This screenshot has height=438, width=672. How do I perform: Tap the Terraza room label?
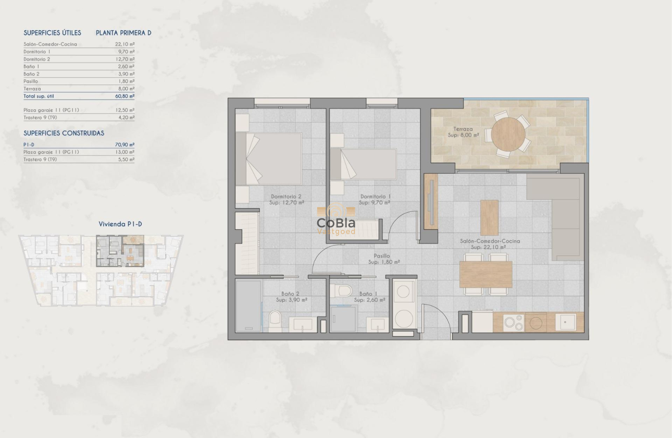point(463,132)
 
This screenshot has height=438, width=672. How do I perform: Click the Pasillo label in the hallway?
point(383,259)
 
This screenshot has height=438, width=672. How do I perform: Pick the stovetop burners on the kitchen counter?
point(514,322)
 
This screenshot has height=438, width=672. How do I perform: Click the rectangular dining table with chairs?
point(486,274)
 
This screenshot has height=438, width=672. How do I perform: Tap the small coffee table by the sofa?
point(489,217)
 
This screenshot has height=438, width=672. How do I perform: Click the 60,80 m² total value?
point(125,96)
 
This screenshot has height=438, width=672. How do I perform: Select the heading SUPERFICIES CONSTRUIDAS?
point(64,133)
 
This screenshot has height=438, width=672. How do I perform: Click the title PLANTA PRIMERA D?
point(123,33)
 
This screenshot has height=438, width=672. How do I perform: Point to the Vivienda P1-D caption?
point(120,224)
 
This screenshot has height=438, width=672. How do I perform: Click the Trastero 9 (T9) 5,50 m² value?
point(125,160)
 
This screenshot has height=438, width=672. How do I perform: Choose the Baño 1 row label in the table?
point(31,67)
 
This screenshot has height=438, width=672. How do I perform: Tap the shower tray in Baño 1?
point(343,319)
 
